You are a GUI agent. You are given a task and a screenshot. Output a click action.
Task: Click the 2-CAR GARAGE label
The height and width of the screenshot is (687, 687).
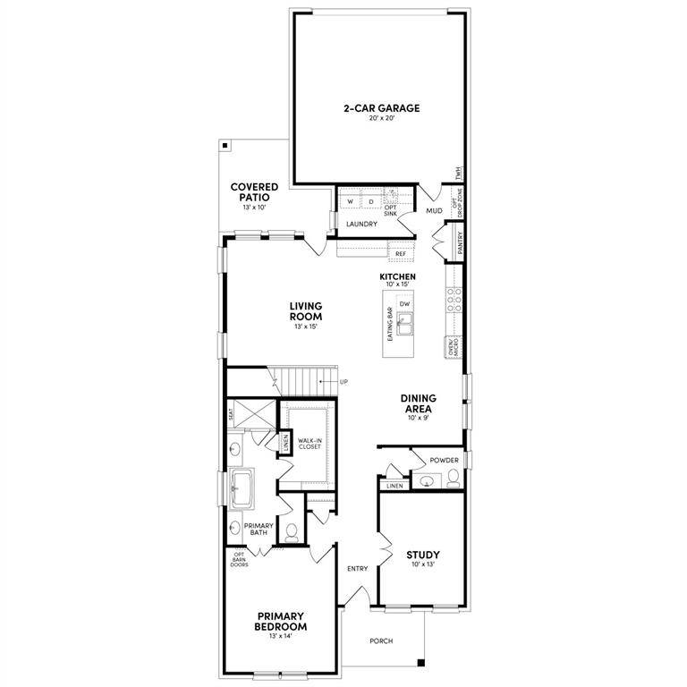[x=381, y=108]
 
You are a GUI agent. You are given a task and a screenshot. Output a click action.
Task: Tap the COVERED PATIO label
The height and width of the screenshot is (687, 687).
[x=255, y=192]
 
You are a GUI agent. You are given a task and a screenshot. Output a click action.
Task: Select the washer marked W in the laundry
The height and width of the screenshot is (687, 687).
[x=351, y=202]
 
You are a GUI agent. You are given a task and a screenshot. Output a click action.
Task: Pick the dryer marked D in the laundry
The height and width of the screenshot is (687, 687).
[x=370, y=202]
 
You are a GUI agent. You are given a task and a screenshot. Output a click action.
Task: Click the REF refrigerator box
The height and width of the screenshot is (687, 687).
[x=401, y=254]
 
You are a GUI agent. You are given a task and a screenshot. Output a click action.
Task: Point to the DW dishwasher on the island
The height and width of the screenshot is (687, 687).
[x=404, y=304]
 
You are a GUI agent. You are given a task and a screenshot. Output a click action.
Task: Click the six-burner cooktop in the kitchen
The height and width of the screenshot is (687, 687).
[x=454, y=301]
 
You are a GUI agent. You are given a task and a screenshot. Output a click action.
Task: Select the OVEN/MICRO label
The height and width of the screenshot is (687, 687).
[x=454, y=348]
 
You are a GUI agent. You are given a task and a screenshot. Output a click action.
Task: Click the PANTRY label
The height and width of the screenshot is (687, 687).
[x=460, y=243]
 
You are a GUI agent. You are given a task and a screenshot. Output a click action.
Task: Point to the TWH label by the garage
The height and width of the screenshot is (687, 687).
[x=458, y=172]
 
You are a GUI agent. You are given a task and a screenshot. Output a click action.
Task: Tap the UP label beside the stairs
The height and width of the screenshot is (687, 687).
[x=343, y=382]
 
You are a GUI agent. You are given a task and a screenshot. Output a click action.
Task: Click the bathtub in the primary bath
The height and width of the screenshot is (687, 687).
[x=242, y=488]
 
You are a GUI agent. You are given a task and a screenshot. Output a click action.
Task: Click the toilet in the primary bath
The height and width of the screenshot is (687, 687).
[x=291, y=532]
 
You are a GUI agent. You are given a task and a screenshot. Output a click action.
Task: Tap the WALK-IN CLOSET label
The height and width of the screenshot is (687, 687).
[x=310, y=444]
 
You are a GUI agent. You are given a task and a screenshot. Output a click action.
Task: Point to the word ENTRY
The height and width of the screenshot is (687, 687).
[x=357, y=568]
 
